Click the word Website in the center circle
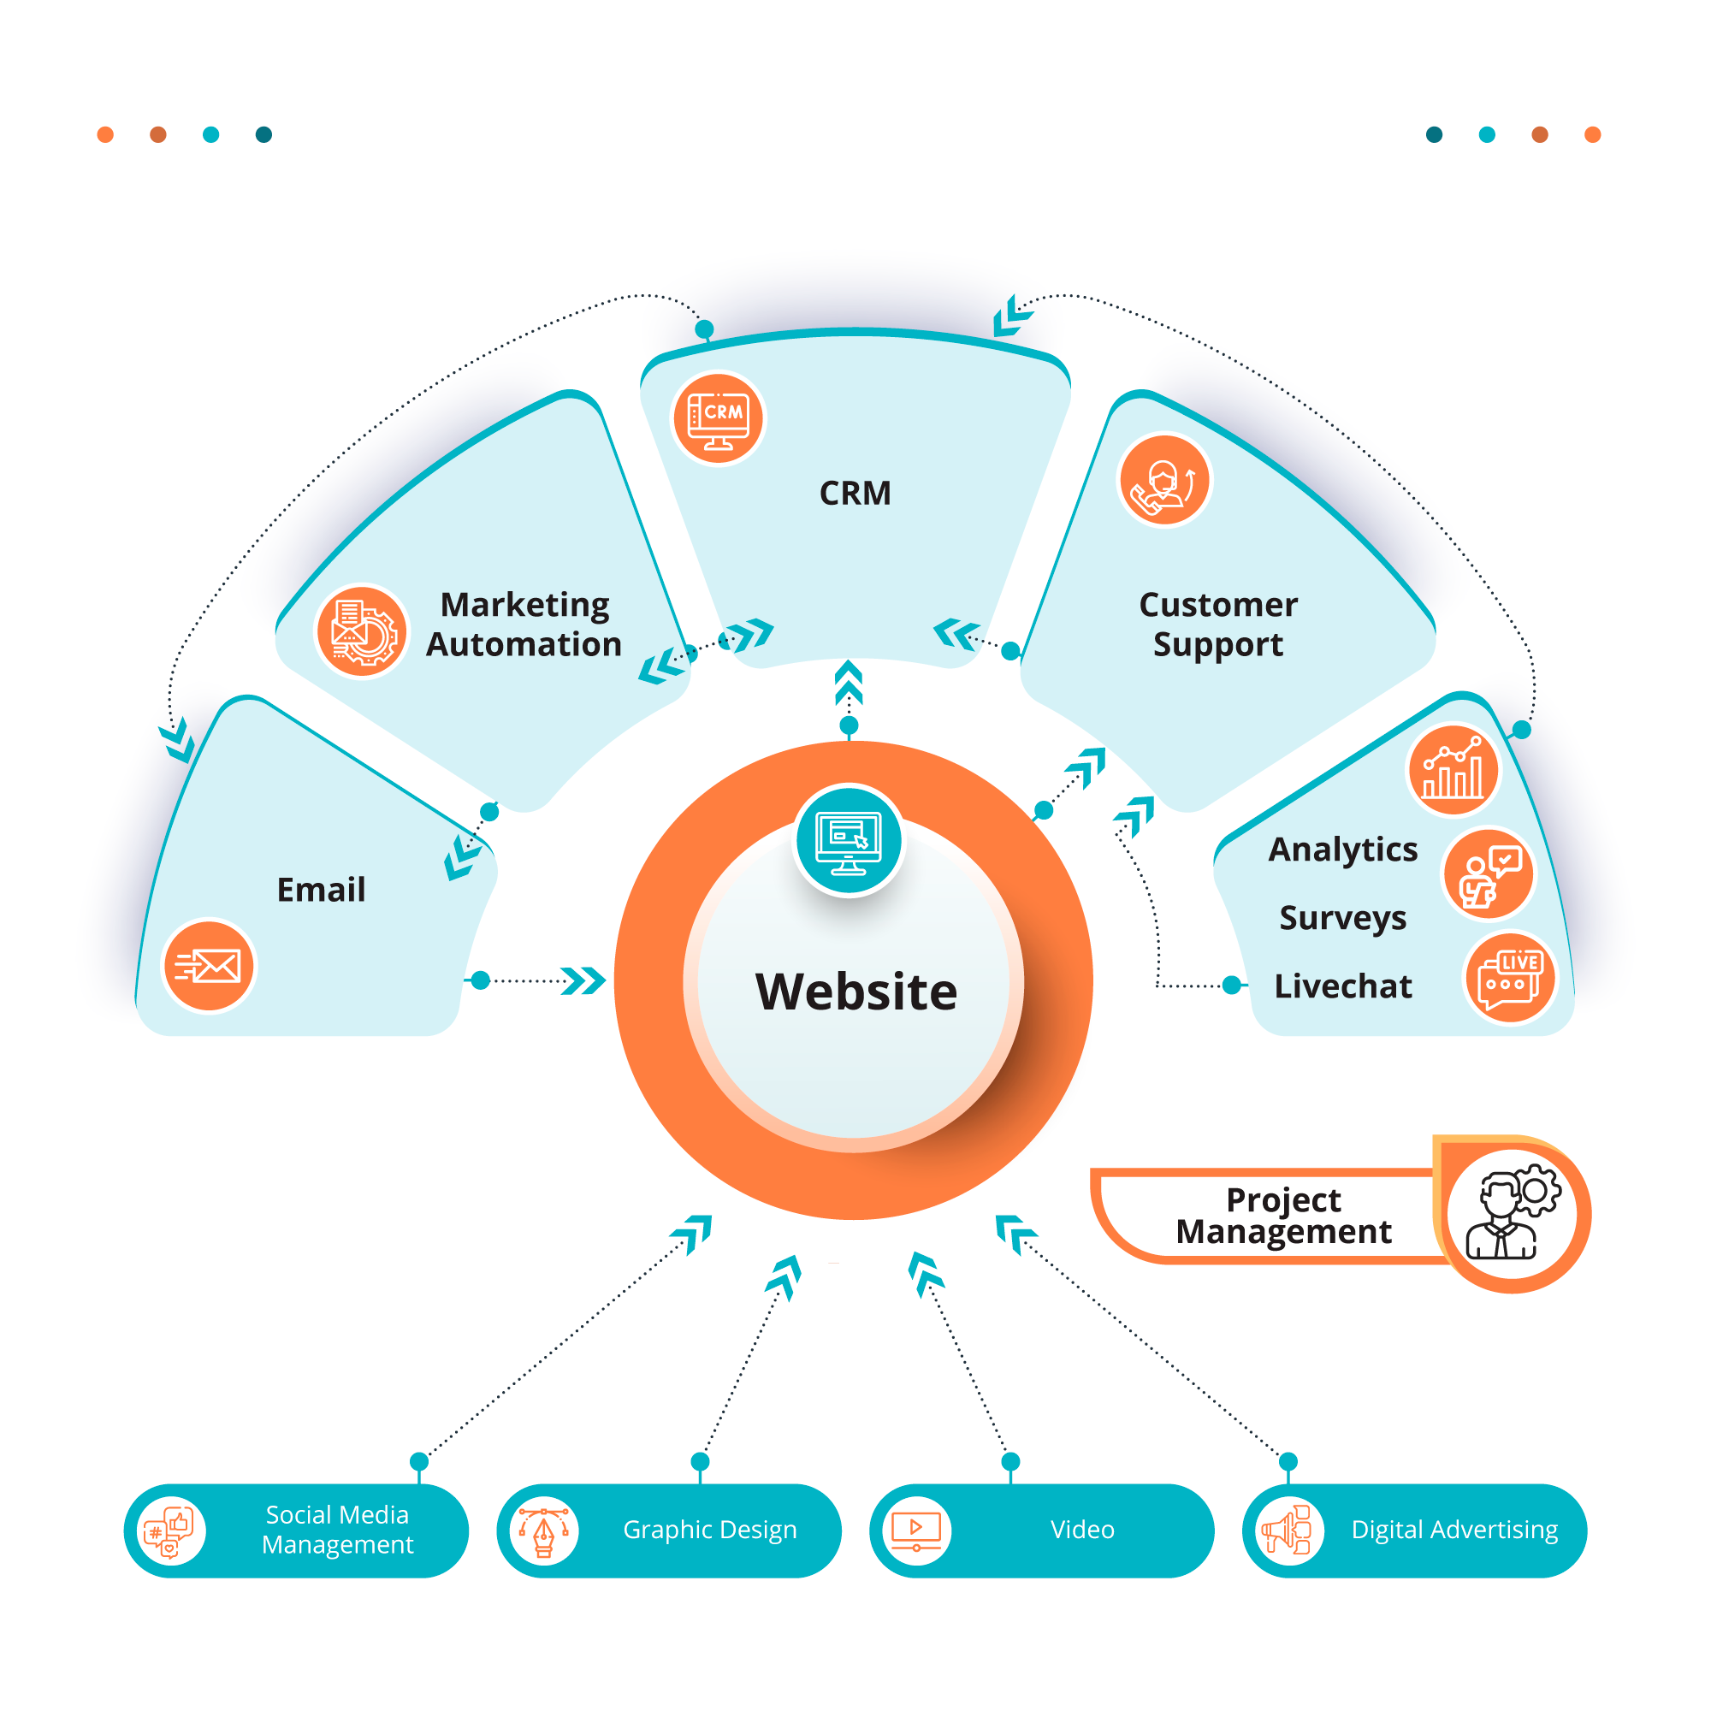[x=855, y=991]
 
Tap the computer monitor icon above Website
[x=849, y=840]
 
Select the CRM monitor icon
[x=719, y=418]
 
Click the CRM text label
[x=855, y=494]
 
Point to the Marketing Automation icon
[x=362, y=631]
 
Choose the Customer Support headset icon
[x=1164, y=481]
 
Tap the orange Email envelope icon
[x=209, y=965]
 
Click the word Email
[x=321, y=889]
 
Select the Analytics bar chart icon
[x=1453, y=769]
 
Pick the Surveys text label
[x=1342, y=917]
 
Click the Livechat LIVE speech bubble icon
[x=1510, y=978]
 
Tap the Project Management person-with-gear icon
[x=1513, y=1214]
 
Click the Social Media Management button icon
[x=169, y=1530]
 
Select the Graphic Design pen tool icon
[x=543, y=1530]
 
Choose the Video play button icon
[x=915, y=1530]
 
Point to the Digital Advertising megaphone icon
[x=1288, y=1530]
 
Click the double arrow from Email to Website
[x=583, y=980]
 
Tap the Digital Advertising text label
[x=1454, y=1530]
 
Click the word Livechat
[x=1342, y=986]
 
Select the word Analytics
[x=1342, y=849]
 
